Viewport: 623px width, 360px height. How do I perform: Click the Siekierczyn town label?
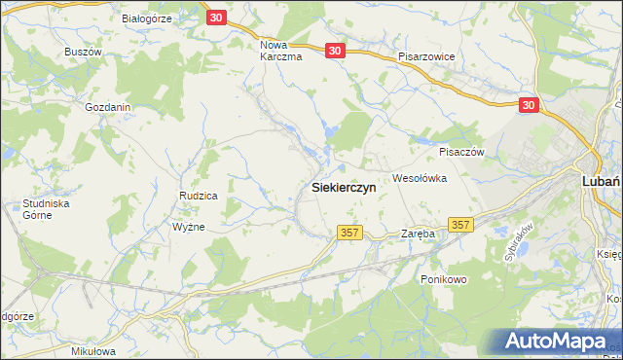click(x=344, y=187)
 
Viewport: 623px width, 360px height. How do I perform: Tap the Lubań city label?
click(x=601, y=180)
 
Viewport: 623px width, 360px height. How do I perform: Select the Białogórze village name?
click(x=147, y=18)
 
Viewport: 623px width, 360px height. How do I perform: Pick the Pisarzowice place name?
click(x=426, y=56)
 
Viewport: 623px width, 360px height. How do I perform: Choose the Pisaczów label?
click(x=461, y=152)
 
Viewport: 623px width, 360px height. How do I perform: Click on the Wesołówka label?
click(x=419, y=178)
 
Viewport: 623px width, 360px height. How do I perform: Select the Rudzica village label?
click(x=198, y=196)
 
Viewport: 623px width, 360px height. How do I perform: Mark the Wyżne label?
click(x=188, y=225)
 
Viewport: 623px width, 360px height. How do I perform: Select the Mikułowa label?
click(x=93, y=350)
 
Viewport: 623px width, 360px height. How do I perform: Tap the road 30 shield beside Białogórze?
click(x=217, y=18)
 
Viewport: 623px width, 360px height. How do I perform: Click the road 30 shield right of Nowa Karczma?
click(x=335, y=51)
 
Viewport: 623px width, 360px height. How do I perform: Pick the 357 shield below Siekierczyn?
click(x=351, y=233)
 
